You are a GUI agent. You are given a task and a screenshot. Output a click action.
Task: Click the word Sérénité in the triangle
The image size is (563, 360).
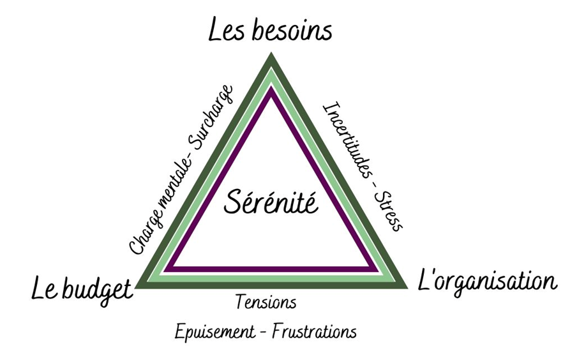[x=271, y=204]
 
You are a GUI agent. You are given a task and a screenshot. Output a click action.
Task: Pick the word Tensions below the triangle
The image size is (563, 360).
[x=266, y=302]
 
